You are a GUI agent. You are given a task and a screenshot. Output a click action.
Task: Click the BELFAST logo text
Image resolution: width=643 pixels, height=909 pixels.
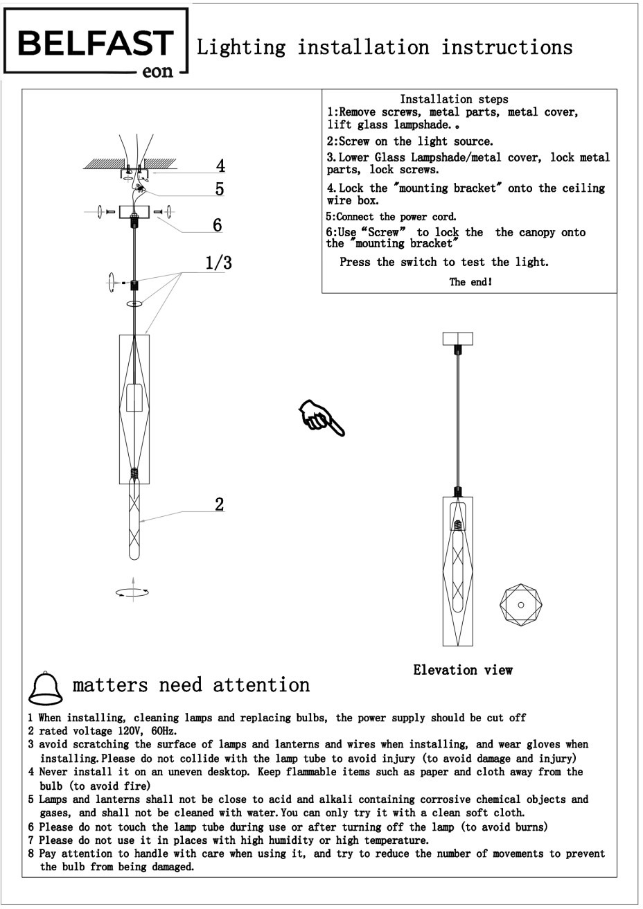[x=95, y=44]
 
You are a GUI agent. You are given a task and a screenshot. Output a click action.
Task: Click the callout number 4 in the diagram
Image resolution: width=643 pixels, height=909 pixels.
[x=220, y=166]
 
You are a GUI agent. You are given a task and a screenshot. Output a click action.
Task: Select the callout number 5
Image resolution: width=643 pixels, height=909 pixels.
[x=219, y=188]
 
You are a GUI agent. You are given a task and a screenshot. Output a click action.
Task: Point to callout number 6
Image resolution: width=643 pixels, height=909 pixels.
[x=217, y=224]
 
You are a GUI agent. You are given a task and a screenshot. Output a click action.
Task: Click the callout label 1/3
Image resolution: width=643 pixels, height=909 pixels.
[x=218, y=263]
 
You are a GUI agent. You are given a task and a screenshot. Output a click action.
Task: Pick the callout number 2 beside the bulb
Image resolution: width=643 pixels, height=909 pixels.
[x=219, y=504]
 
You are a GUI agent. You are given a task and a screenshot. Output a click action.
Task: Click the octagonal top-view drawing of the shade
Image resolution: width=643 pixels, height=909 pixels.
[x=520, y=605]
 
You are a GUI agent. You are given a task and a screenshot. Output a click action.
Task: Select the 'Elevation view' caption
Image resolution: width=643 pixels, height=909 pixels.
[x=463, y=670]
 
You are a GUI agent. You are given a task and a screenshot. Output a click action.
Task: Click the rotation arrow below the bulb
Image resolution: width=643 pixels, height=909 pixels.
[x=132, y=592]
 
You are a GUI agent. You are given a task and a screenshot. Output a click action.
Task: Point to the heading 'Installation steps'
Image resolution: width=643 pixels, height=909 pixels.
[x=454, y=100]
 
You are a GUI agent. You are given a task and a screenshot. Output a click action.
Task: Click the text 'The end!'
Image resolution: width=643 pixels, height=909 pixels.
[x=470, y=282]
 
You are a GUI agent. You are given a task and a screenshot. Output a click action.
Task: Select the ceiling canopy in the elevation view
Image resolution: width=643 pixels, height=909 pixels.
[x=457, y=339]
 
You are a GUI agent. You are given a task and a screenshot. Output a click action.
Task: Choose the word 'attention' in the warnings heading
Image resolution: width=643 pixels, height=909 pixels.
[x=261, y=685]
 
